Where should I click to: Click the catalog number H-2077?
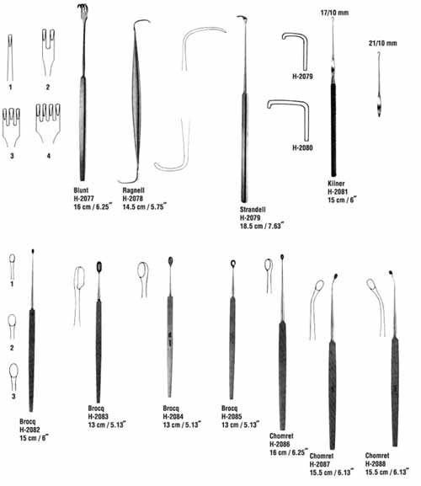click(83, 199)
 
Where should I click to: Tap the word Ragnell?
click(134, 190)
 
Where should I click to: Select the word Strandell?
click(253, 210)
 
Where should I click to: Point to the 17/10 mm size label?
click(334, 13)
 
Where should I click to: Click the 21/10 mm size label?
click(382, 43)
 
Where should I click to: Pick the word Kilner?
click(336, 183)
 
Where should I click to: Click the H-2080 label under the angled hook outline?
click(302, 147)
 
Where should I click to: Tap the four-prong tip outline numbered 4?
click(48, 123)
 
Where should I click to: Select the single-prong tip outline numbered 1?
click(10, 57)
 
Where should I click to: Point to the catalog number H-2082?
click(29, 430)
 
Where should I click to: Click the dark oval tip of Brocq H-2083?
click(99, 267)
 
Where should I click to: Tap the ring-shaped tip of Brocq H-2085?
click(233, 264)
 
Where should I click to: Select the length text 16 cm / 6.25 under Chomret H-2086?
click(288, 452)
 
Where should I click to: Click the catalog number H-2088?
click(376, 464)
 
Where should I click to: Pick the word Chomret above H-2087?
click(322, 456)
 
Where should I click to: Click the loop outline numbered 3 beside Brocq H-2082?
click(13, 371)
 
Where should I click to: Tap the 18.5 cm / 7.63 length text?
click(262, 226)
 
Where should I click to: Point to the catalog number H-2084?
click(173, 417)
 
